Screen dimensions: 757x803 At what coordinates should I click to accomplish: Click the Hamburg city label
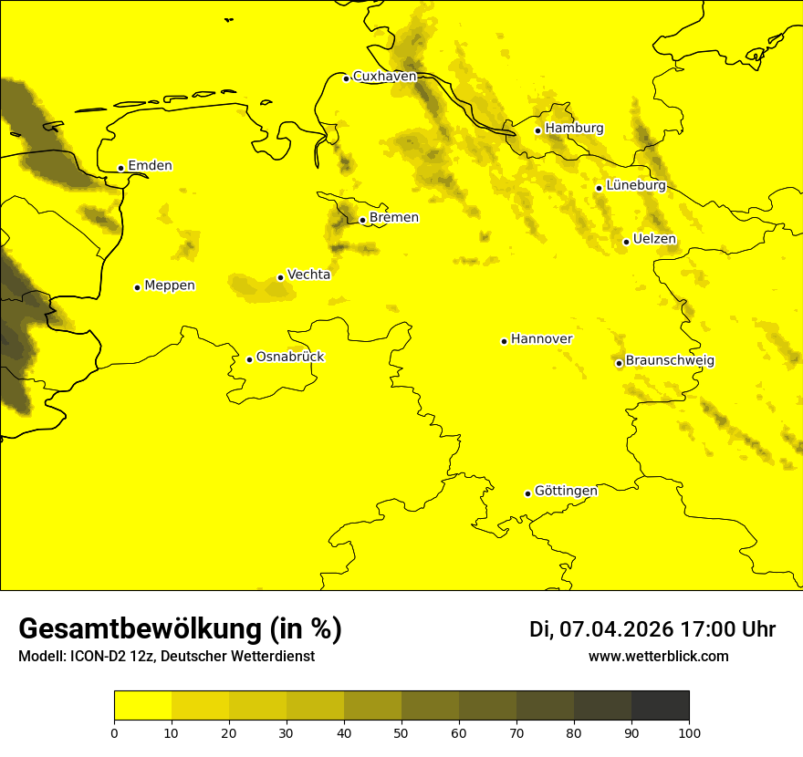574,129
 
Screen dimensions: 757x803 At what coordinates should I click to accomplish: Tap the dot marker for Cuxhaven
346,78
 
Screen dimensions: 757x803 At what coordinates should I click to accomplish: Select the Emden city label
150,166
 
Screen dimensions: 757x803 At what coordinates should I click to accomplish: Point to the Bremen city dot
362,220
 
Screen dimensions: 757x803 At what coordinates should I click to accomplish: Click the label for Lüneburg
635,185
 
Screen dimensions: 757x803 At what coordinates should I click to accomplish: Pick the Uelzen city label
654,240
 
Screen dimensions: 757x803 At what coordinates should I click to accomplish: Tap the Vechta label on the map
308,275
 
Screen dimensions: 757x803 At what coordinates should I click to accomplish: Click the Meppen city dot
137,287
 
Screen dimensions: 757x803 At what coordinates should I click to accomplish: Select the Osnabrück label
290,357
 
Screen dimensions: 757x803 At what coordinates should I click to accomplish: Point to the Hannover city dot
504,341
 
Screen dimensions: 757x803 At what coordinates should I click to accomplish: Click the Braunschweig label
670,361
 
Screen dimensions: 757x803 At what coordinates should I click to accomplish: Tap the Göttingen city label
566,492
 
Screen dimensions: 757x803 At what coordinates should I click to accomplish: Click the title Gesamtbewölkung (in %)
180,629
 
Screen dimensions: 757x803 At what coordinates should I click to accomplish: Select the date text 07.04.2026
616,629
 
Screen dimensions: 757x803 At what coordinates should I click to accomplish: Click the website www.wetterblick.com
658,657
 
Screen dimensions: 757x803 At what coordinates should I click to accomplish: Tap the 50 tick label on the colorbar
401,732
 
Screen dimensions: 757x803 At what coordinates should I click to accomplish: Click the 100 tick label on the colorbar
689,732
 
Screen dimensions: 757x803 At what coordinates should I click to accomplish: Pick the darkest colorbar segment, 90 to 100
660,705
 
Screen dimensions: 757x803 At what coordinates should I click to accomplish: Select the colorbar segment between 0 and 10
143,705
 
